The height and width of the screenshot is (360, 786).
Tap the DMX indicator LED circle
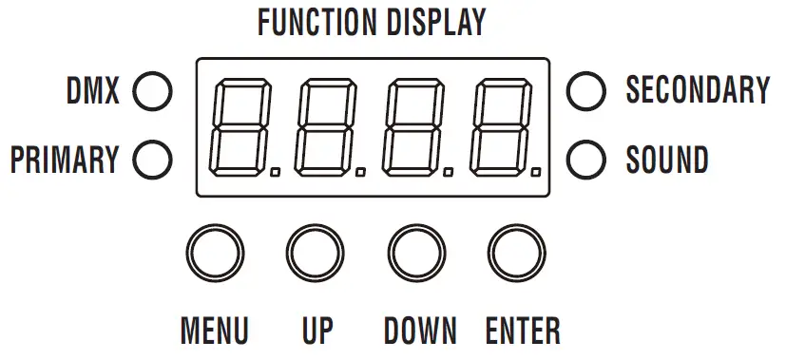click(152, 92)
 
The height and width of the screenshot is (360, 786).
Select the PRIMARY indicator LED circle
click(152, 160)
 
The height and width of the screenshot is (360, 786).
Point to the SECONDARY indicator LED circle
click(585, 91)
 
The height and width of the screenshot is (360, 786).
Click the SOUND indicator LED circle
click(585, 160)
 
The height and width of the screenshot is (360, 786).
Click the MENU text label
click(215, 331)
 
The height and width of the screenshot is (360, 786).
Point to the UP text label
click(317, 331)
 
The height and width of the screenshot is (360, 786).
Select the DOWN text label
click(420, 331)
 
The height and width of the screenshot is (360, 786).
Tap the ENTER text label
click(523, 331)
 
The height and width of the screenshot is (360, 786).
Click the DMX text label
click(93, 92)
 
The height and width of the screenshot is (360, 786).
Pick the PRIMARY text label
click(65, 160)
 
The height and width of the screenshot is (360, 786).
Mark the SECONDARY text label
click(697, 90)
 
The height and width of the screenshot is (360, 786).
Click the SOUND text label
click(666, 160)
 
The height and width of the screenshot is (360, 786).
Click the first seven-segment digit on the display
click(244, 127)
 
